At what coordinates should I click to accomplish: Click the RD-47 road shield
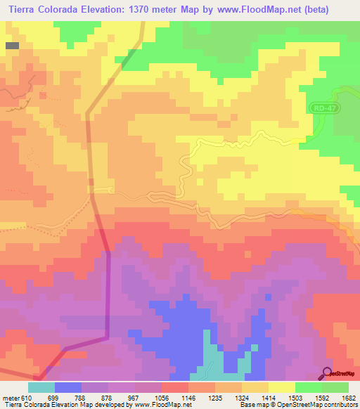pos(323,108)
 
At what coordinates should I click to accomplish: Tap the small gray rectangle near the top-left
pos(12,45)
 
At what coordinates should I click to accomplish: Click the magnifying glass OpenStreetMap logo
pos(328,373)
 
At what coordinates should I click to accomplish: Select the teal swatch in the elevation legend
pos(41,387)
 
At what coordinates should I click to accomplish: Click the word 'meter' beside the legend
pos(11,397)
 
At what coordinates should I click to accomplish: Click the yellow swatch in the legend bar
pos(282,387)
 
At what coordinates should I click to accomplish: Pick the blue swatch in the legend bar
pos(68,387)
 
